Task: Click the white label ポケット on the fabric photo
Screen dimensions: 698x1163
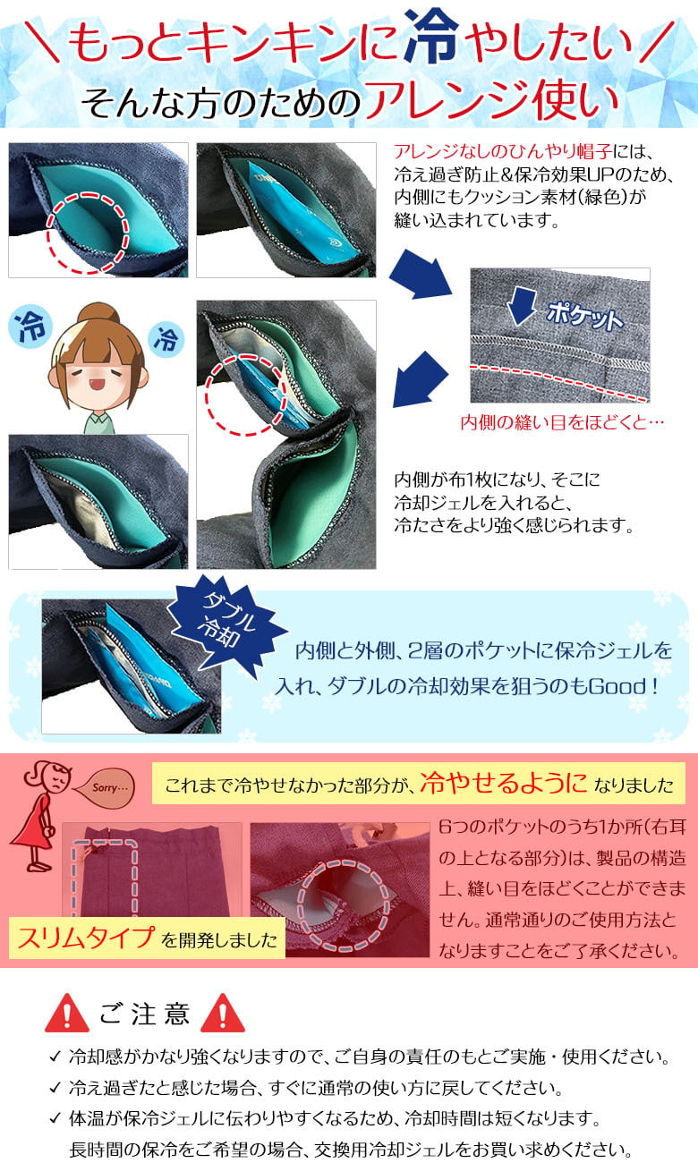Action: [x=584, y=315]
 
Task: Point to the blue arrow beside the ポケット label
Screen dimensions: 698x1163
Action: [x=522, y=306]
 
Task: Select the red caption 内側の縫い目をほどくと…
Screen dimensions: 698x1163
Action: [x=563, y=422]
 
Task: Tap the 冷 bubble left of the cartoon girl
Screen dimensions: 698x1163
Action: [x=30, y=327]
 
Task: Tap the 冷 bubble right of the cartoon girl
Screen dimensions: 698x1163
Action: [x=166, y=339]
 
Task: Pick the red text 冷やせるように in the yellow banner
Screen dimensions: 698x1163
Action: [x=503, y=783]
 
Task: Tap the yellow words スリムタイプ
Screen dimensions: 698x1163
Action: [x=86, y=938]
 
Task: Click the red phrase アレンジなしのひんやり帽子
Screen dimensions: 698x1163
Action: [x=503, y=151]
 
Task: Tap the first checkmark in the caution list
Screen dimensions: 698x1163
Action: [x=55, y=1057]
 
